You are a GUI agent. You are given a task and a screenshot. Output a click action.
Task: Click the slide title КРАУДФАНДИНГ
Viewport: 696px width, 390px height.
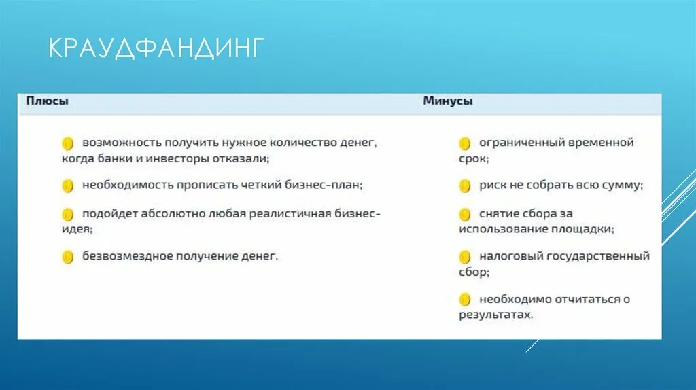tap(155, 50)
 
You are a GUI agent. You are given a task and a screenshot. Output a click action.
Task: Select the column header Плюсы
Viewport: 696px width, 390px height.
tap(47, 101)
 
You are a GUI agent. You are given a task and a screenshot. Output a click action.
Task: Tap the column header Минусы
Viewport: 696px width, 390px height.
tap(447, 101)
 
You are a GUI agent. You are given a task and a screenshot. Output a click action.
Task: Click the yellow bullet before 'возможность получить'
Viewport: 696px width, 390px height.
tap(67, 143)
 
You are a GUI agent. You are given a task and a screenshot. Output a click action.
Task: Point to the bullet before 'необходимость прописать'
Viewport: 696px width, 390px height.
tap(67, 185)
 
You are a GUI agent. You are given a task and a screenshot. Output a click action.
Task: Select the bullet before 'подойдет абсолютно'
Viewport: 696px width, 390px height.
tap(67, 214)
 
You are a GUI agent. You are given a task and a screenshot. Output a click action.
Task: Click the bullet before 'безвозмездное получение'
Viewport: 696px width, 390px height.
tap(67, 257)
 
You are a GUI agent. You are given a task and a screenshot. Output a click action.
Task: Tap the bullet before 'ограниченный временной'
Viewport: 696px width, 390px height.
tap(465, 143)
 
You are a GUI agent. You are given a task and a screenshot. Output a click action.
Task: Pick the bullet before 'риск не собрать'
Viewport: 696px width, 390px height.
tap(465, 185)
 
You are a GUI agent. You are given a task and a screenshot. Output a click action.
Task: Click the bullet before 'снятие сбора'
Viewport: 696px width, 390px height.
tap(465, 214)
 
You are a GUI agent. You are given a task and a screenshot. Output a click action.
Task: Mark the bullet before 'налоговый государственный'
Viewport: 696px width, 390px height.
tap(465, 257)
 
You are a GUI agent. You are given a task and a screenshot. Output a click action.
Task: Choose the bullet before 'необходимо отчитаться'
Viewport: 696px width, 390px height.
tap(465, 299)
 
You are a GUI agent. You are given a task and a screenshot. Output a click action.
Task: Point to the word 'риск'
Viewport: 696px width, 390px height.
tap(493, 185)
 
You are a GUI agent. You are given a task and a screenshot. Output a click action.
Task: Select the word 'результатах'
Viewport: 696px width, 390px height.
tap(494, 315)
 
